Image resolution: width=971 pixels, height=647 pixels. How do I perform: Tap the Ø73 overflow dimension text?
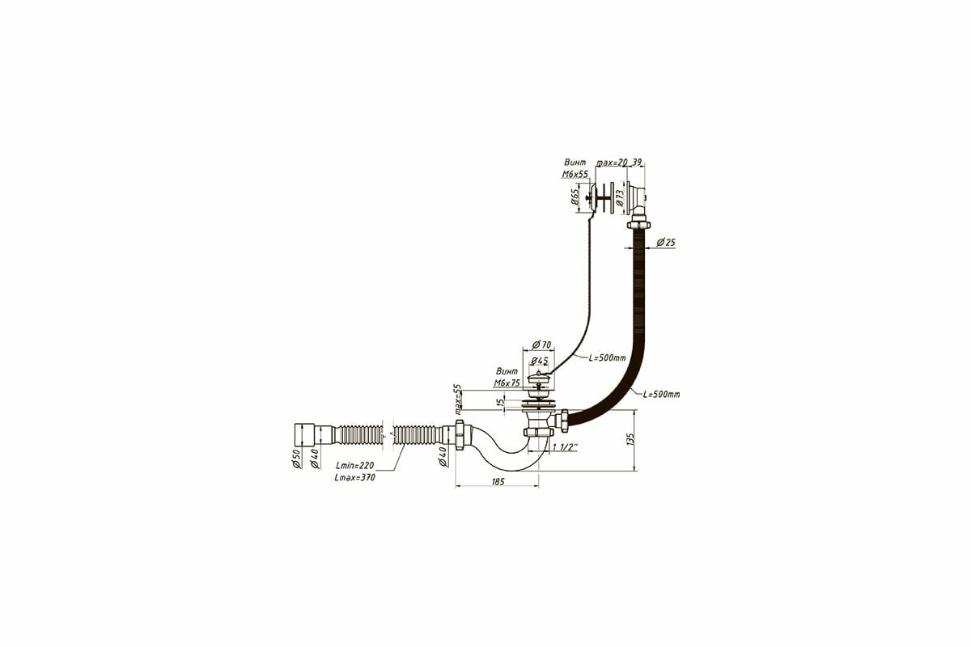point(620,197)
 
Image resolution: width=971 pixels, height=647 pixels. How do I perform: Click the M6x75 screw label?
point(507,383)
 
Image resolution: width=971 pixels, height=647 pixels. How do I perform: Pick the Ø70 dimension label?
point(541,345)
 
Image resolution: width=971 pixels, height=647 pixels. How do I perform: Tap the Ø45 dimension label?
point(541,360)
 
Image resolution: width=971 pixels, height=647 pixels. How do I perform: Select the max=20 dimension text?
point(612,163)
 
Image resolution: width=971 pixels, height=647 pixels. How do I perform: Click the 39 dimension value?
point(638,163)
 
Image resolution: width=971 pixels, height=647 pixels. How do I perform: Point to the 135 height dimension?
point(629,439)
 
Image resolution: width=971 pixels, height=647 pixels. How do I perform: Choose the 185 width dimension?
point(498,482)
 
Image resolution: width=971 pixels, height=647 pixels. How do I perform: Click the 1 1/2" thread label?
point(564,446)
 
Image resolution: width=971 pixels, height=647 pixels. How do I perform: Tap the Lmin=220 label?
point(354,465)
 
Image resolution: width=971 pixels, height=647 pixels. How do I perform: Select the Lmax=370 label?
point(354,477)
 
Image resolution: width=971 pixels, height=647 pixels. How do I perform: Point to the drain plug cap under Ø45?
point(540,377)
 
